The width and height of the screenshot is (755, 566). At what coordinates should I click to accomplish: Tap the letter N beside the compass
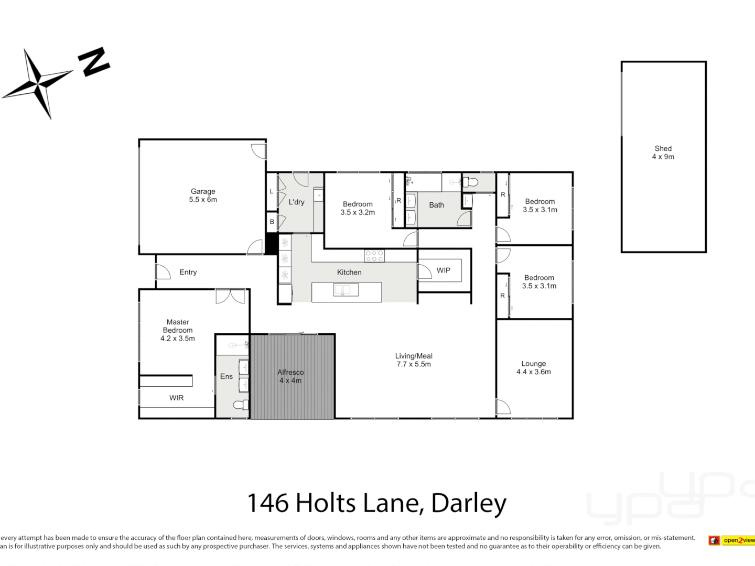coord(94,61)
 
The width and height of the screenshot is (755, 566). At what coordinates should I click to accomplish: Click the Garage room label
coord(203,195)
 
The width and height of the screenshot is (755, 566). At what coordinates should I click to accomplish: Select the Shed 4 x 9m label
coord(663,153)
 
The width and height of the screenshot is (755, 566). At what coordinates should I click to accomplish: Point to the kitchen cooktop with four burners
coord(374,256)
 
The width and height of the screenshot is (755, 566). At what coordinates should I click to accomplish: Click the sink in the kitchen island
coord(346,290)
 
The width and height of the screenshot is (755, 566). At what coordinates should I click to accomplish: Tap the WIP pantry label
coord(444,270)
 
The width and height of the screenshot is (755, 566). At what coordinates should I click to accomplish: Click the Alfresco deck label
coord(290,376)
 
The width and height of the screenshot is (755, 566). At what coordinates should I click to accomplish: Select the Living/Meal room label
coord(414,360)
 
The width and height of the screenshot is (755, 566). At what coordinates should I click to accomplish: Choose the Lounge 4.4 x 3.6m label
coord(534,367)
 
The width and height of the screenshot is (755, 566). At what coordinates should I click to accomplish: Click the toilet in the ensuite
coord(241,405)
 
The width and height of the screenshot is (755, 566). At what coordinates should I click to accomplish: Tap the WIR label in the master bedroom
coord(177,398)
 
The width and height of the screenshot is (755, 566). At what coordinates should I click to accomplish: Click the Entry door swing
coord(163,271)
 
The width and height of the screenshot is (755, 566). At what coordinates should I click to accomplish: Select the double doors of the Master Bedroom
coord(230,296)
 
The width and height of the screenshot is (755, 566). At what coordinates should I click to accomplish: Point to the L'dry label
coord(296,202)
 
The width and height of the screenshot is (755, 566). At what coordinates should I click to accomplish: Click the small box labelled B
coord(272,221)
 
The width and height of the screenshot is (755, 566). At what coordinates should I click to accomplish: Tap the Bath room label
coord(437,205)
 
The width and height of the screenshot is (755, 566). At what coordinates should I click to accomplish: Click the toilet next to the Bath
coord(471,182)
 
